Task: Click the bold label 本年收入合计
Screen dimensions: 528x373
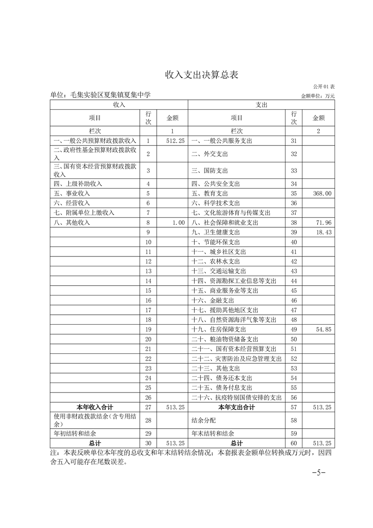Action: coord(95,407)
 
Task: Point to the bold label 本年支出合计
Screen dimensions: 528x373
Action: coord(236,407)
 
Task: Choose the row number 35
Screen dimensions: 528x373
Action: coord(294,193)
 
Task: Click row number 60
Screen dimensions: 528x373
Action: coord(294,443)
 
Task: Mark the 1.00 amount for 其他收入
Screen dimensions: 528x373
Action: coord(179,223)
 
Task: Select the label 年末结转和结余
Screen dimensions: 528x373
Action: coord(213,433)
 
